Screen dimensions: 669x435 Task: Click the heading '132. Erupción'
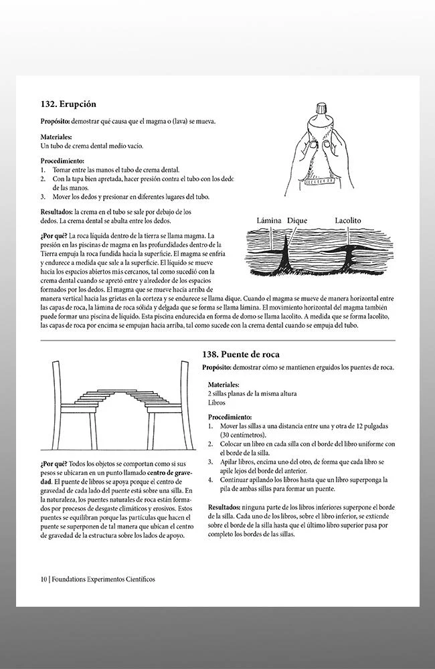tap(68, 104)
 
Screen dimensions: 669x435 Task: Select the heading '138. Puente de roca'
tap(241, 354)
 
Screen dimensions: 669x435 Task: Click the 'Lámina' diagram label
tap(269, 220)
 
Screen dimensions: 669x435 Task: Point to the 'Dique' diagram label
tap(297, 220)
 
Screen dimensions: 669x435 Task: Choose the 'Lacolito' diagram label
tap(347, 220)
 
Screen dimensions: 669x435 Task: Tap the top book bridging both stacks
tap(117, 390)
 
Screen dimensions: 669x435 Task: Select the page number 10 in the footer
tap(43, 579)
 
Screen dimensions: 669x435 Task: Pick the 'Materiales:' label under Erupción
tap(56, 137)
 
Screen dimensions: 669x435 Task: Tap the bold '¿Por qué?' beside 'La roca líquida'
tap(54, 235)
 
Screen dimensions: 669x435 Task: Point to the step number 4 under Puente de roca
tap(210, 479)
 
